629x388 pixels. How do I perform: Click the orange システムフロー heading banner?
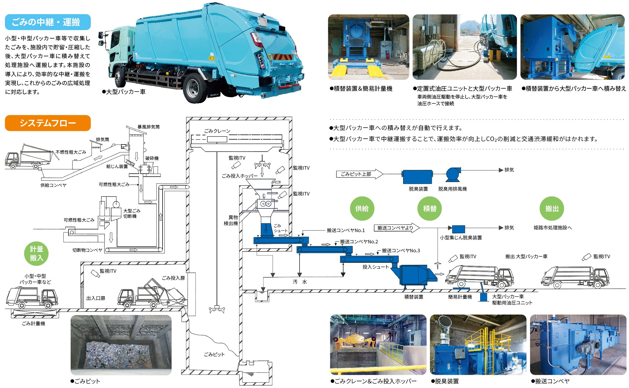tap(48, 123)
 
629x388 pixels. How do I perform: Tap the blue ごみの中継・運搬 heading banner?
tap(48, 22)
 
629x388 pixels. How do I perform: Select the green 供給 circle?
tap(362, 208)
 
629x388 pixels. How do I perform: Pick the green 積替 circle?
tap(429, 208)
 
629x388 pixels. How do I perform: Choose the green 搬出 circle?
tap(552, 208)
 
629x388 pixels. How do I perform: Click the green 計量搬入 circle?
tap(36, 253)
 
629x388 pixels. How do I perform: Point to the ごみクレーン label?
tap(217, 131)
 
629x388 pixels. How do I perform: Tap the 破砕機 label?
tap(152, 158)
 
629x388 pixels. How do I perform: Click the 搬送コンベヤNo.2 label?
tap(359, 242)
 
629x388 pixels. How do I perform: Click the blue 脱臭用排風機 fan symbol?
tap(453, 174)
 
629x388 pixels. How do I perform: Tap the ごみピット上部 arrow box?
tap(359, 174)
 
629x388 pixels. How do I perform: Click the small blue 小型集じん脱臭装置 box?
tap(458, 229)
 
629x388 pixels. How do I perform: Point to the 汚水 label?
tap(300, 282)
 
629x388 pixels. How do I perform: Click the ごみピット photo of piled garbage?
tap(121, 345)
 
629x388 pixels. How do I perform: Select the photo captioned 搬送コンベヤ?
tap(578, 345)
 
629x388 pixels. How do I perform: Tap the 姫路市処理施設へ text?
tap(552, 228)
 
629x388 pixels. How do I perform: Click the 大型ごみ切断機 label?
tap(132, 213)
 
